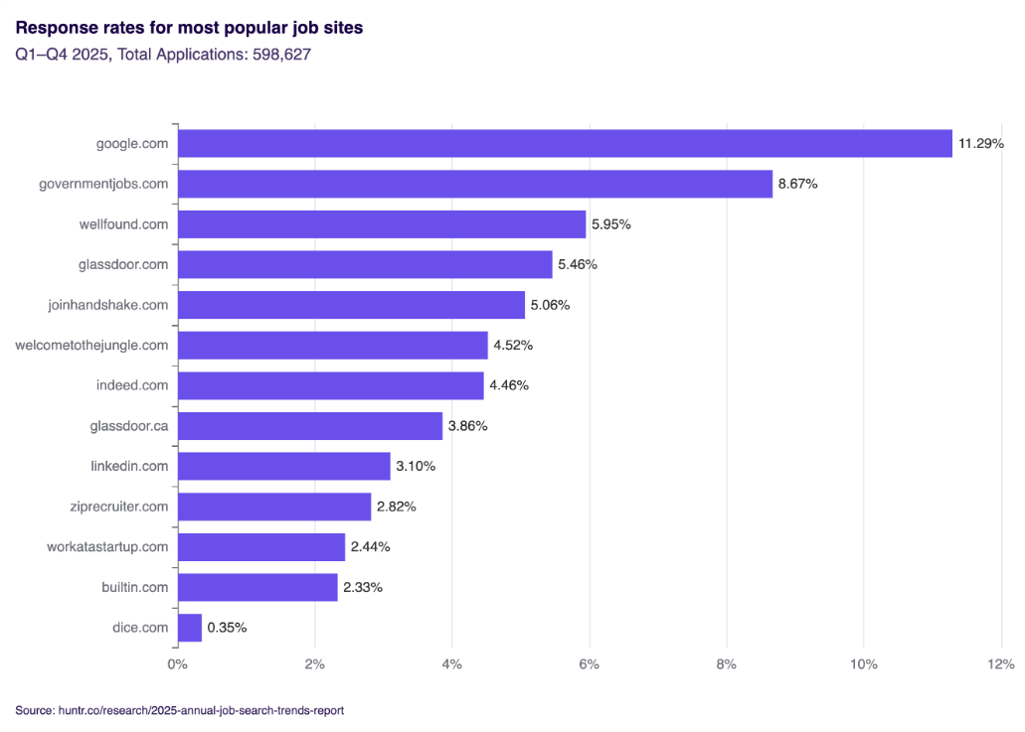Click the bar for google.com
click(x=565, y=143)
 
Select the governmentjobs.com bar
click(x=475, y=184)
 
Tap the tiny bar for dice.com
click(x=190, y=628)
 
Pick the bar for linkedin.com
click(x=284, y=466)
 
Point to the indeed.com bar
click(x=331, y=385)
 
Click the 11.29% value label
click(x=980, y=143)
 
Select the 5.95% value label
click(x=611, y=224)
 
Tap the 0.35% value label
click(x=227, y=628)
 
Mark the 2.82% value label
click(x=397, y=507)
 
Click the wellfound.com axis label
click(x=123, y=224)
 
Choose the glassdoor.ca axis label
click(x=129, y=426)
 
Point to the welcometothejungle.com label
click(x=91, y=345)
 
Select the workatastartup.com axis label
click(x=107, y=547)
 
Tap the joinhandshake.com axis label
click(x=108, y=305)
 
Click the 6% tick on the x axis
click(x=590, y=664)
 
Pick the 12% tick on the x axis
click(x=1000, y=664)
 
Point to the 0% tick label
click(x=177, y=664)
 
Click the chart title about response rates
click(x=189, y=28)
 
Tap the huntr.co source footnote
click(x=180, y=710)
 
